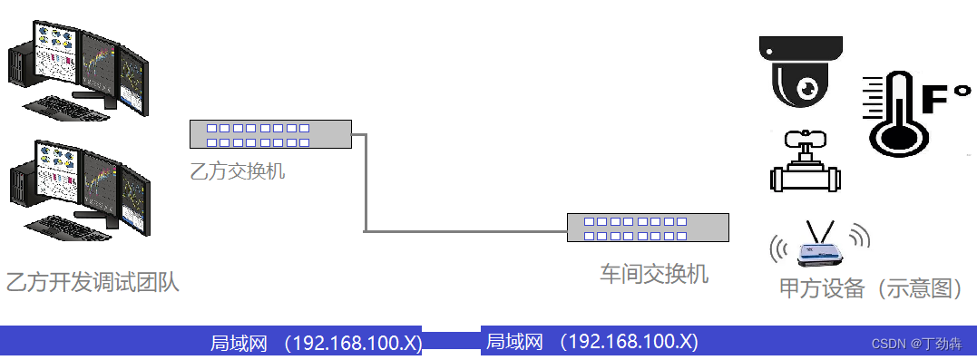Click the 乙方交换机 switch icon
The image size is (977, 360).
(x=269, y=135)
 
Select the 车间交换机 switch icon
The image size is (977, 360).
(x=648, y=228)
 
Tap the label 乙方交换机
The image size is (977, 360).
(x=237, y=170)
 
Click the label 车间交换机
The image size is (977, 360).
(x=653, y=273)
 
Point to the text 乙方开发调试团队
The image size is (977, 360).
(x=93, y=282)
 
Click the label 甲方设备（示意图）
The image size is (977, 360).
(x=870, y=287)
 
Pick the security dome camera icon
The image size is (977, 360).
(x=803, y=72)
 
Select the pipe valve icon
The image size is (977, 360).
(x=805, y=162)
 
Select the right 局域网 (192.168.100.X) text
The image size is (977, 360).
(x=591, y=342)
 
